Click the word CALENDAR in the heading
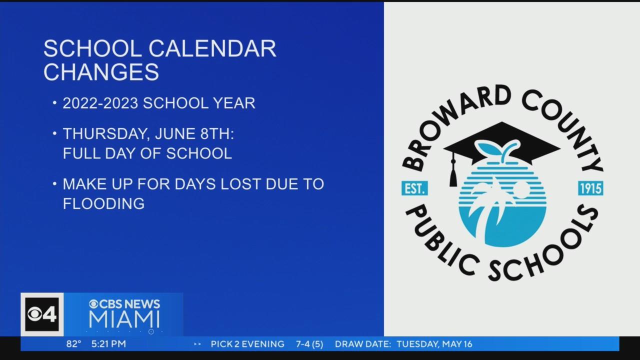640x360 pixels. click(x=212, y=48)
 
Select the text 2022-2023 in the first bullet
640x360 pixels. click(x=100, y=103)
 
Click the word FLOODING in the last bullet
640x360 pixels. click(x=103, y=203)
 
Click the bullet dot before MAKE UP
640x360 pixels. click(x=54, y=183)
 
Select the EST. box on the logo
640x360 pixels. click(x=414, y=188)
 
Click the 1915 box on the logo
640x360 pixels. click(x=590, y=188)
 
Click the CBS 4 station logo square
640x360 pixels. click(x=42, y=314)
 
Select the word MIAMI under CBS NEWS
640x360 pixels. click(x=124, y=319)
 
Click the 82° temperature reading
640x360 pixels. click(x=73, y=343)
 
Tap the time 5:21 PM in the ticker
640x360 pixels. click(x=108, y=343)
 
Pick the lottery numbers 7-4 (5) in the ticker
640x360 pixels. click(x=309, y=344)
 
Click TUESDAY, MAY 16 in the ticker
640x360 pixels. click(x=434, y=344)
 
